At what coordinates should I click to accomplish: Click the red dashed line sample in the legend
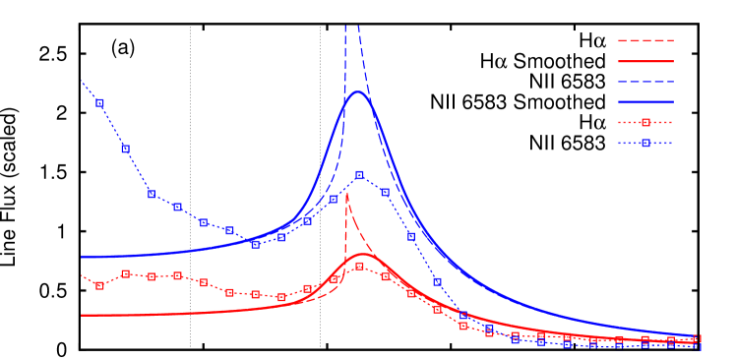pos(645,41)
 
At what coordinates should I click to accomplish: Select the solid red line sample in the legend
pos(645,61)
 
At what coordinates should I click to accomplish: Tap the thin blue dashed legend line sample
pos(645,82)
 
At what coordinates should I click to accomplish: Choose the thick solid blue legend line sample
pos(645,102)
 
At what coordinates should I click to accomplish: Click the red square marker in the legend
pos(645,123)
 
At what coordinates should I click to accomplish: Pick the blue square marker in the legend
pos(645,144)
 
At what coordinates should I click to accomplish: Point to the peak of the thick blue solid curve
pos(357,91)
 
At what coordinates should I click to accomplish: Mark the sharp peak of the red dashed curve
pos(346,192)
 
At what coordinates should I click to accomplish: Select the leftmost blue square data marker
pos(99,102)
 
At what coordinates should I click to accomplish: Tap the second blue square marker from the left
pos(125,149)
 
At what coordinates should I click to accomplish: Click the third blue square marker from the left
pos(152,194)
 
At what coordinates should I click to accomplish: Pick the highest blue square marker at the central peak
pos(359,175)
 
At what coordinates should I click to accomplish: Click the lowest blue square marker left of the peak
pos(255,244)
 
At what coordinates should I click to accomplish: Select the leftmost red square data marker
pos(99,285)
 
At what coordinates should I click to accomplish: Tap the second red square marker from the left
pos(125,273)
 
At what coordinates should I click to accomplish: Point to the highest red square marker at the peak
pos(359,266)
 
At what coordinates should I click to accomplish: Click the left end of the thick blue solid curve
pos(82,257)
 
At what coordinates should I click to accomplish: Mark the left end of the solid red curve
pos(82,316)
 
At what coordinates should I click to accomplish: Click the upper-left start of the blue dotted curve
pos(82,81)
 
